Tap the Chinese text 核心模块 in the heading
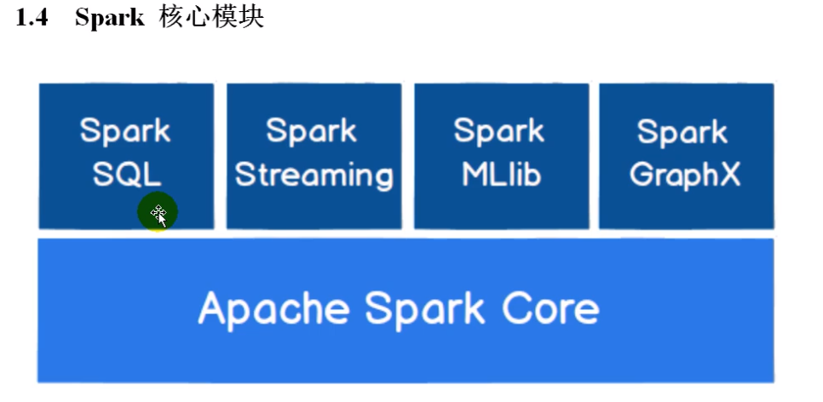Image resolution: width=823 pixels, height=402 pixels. (x=211, y=19)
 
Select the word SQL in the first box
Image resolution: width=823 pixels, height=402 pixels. (x=126, y=175)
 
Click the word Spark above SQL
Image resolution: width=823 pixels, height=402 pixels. (x=126, y=131)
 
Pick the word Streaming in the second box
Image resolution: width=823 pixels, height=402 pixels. (x=314, y=175)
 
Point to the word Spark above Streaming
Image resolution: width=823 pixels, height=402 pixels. (x=310, y=131)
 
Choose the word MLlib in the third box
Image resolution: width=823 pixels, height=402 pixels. (x=501, y=175)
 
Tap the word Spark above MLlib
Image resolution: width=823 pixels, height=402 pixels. (x=498, y=131)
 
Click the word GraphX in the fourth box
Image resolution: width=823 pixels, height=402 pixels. (x=686, y=175)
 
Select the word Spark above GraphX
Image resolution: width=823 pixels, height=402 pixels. (x=682, y=132)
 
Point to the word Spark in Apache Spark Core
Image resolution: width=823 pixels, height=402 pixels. (x=428, y=308)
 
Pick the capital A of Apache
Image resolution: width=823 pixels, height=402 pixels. (x=213, y=307)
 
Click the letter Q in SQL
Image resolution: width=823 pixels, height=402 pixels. (x=127, y=175)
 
